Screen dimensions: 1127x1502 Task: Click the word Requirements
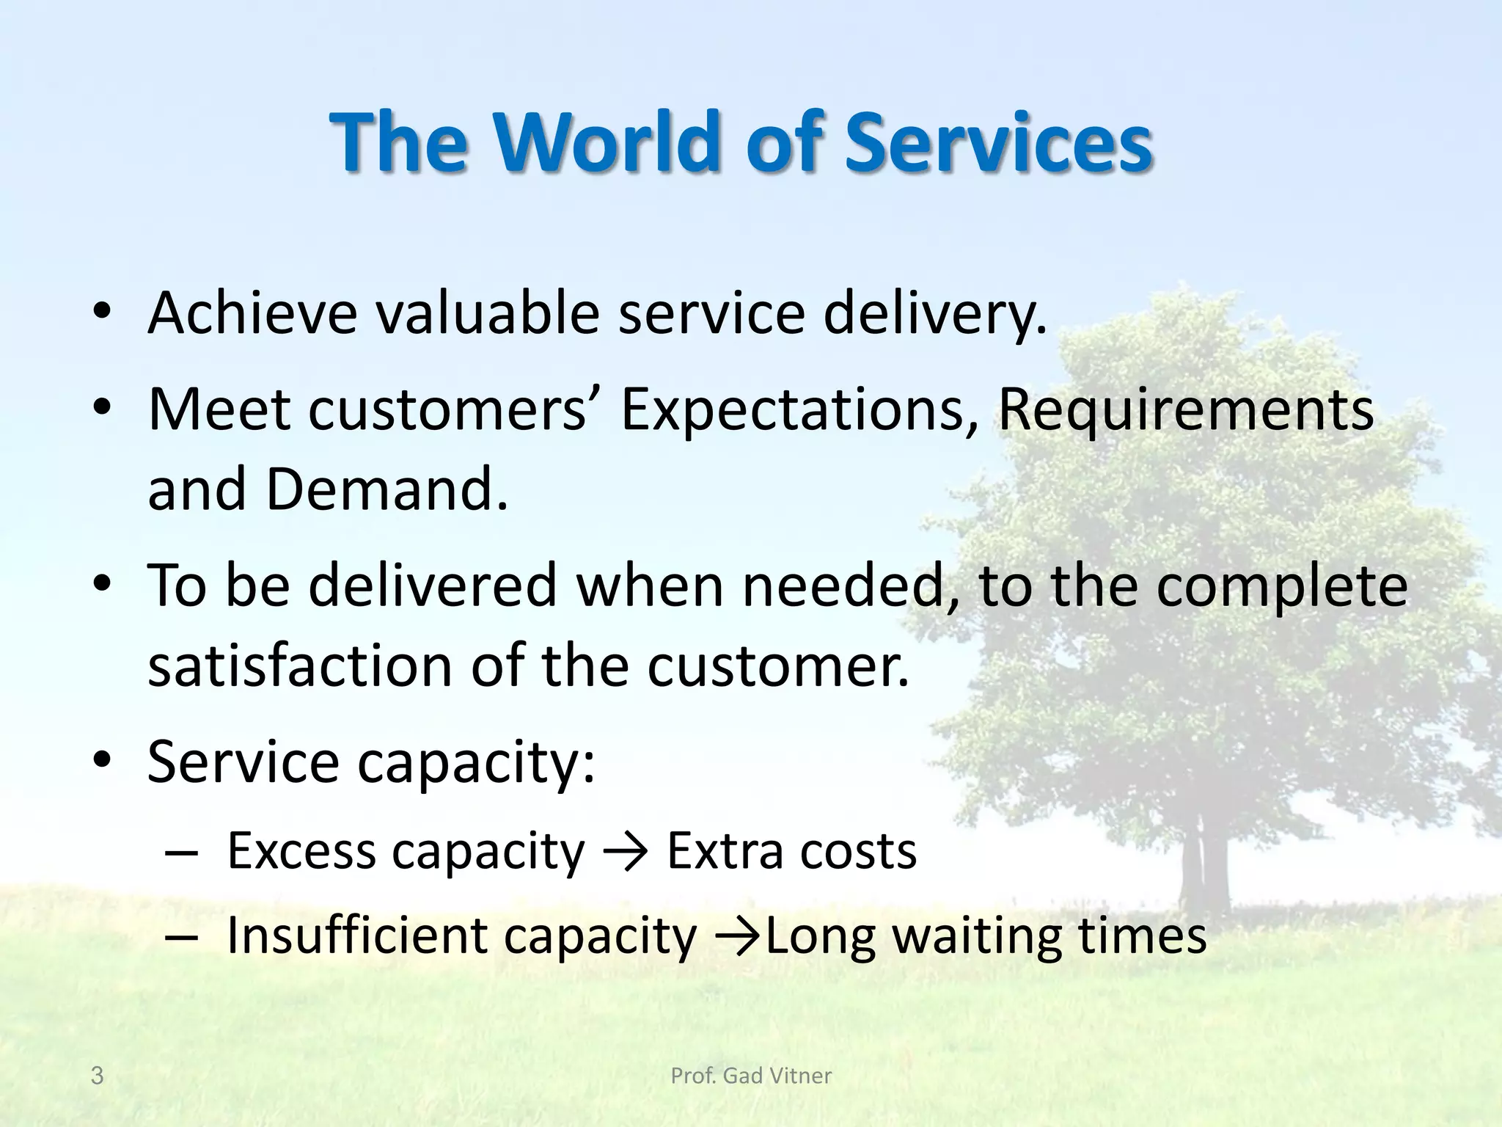click(1185, 409)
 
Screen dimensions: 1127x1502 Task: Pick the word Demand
click(386, 490)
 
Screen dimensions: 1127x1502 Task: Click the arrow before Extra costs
click(625, 853)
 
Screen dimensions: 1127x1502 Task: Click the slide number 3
click(97, 1076)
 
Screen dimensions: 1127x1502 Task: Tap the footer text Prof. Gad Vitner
click(751, 1076)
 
